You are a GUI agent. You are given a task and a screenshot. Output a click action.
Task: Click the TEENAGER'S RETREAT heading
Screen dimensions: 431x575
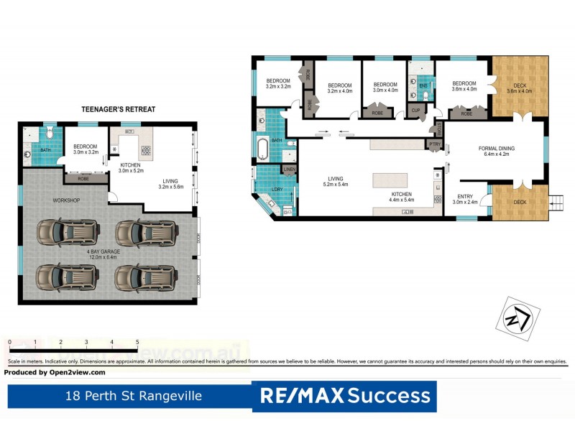pos(119,109)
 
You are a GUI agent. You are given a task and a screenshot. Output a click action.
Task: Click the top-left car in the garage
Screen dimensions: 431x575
pos(61,231)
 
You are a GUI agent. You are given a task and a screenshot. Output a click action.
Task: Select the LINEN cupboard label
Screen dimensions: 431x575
pos(289,170)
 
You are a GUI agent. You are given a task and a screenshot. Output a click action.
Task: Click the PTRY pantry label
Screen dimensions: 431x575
pos(434,144)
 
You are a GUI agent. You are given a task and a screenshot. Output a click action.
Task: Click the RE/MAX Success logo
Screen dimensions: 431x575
pos(344,396)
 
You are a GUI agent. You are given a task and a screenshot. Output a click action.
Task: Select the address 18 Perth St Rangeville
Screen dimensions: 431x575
pos(133,396)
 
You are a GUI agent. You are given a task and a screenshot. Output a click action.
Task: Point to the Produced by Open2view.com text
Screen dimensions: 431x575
pos(55,372)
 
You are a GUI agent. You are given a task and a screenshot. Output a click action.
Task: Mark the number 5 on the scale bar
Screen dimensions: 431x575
pos(137,342)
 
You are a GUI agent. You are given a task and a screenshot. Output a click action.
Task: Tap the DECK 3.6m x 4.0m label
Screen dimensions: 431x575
pos(520,88)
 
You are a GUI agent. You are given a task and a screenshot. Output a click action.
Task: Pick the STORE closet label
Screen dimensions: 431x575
pos(439,129)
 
